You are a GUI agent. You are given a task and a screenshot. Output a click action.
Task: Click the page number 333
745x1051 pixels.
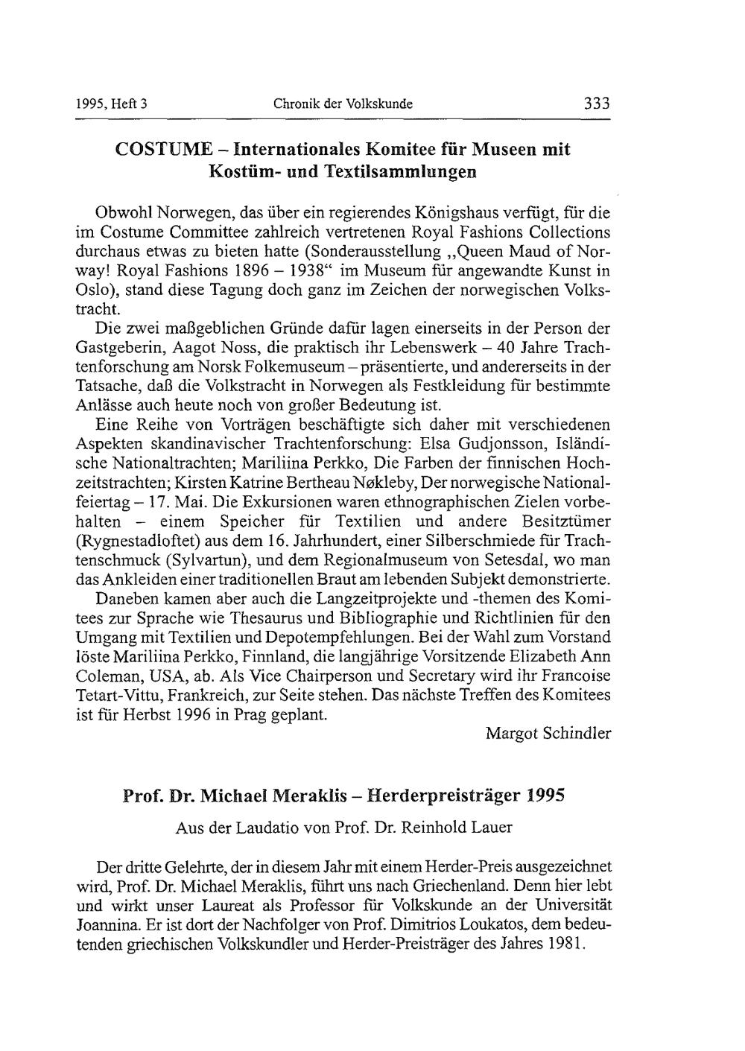point(597,103)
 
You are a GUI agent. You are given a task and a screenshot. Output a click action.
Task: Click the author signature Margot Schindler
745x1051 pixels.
point(548,733)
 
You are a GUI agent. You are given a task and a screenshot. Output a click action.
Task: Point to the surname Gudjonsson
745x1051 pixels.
point(492,444)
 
